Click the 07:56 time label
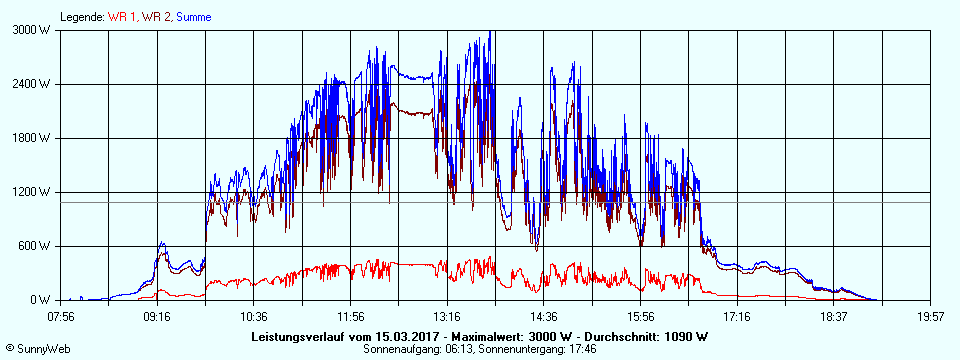point(61,317)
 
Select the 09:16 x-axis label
point(158,317)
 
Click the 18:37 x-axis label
point(834,317)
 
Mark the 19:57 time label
point(930,317)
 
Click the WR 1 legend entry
point(122,17)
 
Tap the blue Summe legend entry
point(194,17)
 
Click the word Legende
point(81,17)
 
